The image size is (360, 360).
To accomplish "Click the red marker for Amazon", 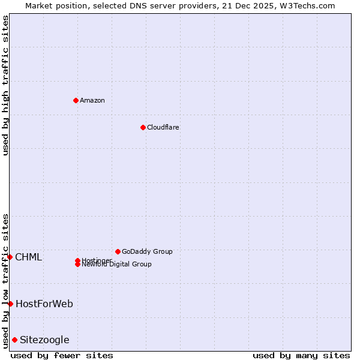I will click(76, 100).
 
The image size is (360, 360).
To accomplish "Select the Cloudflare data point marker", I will click(143, 127).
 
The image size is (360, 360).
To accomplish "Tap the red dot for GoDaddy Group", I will click(118, 251).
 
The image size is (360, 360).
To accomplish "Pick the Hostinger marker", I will click(77, 260).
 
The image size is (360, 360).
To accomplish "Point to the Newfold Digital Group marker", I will click(77, 265).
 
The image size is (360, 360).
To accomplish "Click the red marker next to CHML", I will click(10, 257).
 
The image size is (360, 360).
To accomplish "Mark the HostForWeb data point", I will click(10, 304).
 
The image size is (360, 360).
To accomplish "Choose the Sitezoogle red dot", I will click(14, 340).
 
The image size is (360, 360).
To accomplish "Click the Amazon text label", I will click(92, 100).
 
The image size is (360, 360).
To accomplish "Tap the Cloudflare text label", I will click(163, 127).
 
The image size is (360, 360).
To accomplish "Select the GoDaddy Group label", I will click(147, 251).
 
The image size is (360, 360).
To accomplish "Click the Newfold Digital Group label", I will click(116, 265).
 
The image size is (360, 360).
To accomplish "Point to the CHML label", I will click(28, 257).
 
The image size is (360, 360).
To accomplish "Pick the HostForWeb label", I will click(44, 304).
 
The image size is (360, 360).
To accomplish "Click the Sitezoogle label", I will click(44, 340).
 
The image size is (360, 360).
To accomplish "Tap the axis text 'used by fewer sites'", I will click(62, 355).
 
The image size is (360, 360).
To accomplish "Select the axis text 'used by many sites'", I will click(301, 355).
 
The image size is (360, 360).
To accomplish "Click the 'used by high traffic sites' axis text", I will click(5, 85).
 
